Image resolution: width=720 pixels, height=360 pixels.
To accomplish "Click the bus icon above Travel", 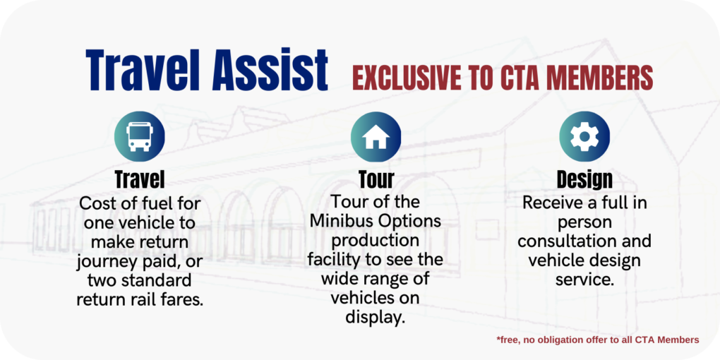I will [x=139, y=137].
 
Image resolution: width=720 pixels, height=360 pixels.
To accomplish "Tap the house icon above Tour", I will [x=376, y=137].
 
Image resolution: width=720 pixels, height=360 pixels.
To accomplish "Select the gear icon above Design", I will [x=584, y=137].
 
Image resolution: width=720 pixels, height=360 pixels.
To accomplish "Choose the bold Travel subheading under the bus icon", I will [x=140, y=178].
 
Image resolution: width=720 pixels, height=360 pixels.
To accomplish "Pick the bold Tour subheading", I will [x=376, y=178].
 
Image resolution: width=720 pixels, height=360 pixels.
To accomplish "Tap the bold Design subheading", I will [x=584, y=178].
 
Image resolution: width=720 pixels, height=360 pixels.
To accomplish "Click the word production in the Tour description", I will [x=376, y=240].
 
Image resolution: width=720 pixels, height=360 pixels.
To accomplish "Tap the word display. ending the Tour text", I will [x=376, y=316].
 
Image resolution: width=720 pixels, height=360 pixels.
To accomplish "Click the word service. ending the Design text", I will [x=584, y=279].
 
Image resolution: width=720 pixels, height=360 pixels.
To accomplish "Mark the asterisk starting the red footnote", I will [x=498, y=340].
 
